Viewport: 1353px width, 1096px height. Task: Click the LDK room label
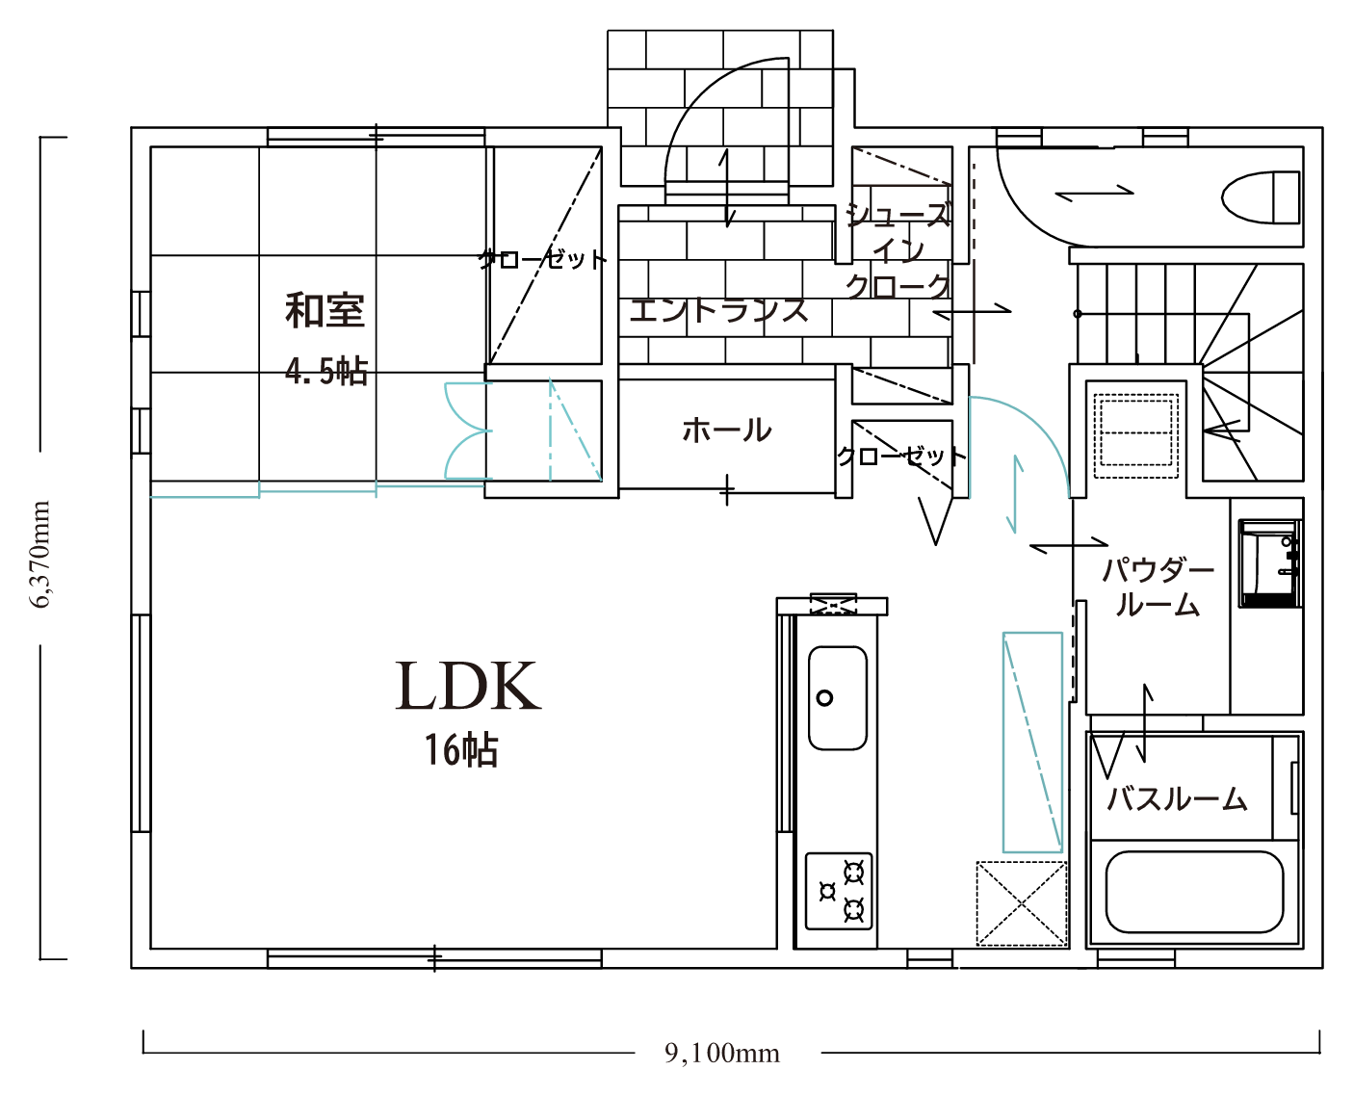point(468,686)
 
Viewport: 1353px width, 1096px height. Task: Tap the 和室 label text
point(325,311)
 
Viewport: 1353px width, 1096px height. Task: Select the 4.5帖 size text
point(325,371)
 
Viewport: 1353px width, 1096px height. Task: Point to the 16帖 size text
point(461,750)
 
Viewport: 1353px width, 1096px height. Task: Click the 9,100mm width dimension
point(722,1054)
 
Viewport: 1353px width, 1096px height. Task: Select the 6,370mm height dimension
point(40,555)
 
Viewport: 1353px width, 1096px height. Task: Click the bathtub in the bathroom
point(1193,893)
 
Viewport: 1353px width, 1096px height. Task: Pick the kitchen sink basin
point(837,698)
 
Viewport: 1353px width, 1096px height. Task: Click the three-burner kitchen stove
point(839,892)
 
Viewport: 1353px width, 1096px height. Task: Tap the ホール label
point(727,431)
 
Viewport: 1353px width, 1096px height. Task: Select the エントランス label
point(718,311)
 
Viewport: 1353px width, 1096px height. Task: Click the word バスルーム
point(1177,798)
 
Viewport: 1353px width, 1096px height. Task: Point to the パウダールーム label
point(1158,587)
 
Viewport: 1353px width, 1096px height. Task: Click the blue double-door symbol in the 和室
point(468,431)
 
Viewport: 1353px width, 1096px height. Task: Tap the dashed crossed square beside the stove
point(1022,903)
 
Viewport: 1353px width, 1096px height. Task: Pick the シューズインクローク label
point(898,251)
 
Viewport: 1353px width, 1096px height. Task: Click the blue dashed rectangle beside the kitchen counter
point(1032,743)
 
